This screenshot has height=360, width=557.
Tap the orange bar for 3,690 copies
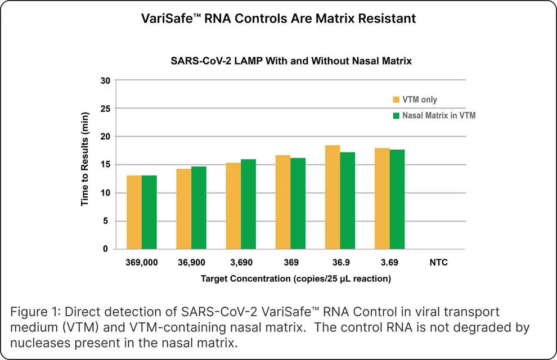tap(233, 206)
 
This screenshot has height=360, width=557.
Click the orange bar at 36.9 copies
tap(333, 197)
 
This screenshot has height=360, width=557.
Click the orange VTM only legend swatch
tap(396, 100)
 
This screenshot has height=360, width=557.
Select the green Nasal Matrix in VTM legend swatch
tap(396, 116)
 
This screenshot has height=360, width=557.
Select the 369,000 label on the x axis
tap(141, 263)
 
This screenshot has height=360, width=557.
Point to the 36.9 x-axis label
tap(340, 263)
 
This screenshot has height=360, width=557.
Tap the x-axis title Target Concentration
tap(295, 278)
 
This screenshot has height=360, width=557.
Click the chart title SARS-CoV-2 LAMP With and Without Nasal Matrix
tap(291, 61)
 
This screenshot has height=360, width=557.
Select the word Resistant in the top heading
tap(389, 19)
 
